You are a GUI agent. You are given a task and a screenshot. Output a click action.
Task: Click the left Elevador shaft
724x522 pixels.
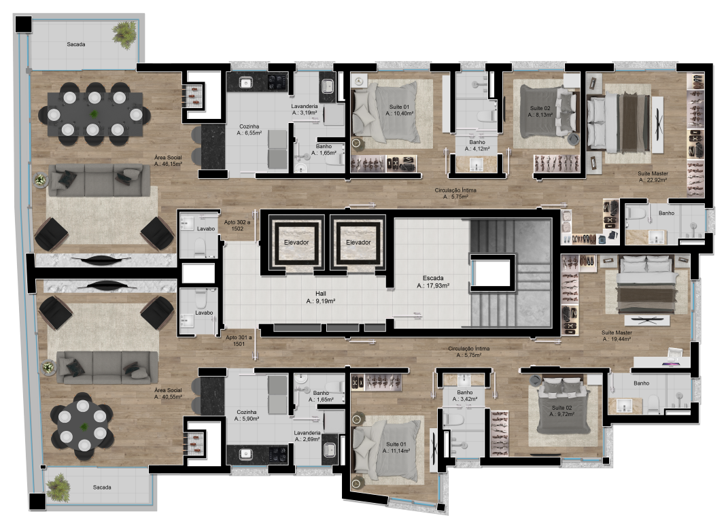point(296,242)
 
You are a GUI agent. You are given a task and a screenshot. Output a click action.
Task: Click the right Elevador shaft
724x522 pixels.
point(358,242)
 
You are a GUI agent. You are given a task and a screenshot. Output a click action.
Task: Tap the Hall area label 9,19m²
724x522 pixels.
point(320,297)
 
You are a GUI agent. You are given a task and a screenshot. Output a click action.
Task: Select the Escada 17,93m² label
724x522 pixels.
point(433,281)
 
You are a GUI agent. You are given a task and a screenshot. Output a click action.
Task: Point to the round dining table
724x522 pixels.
point(82,425)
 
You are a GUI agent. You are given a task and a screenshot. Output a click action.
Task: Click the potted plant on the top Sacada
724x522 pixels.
point(124,33)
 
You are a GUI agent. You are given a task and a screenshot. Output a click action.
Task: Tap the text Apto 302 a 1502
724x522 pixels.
point(237,225)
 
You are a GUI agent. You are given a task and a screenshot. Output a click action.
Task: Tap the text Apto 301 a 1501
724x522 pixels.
point(239,341)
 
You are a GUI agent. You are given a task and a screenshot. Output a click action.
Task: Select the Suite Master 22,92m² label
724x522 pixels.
point(653,177)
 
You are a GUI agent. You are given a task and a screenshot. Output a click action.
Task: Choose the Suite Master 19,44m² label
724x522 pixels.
point(617,336)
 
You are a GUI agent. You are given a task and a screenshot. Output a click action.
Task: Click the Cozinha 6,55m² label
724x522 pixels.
point(249,129)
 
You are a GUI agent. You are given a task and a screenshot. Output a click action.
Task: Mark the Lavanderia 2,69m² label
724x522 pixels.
point(307,436)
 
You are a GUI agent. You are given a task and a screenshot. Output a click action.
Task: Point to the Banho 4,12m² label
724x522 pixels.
point(477,145)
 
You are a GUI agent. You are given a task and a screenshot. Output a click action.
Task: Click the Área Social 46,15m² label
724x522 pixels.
point(168,160)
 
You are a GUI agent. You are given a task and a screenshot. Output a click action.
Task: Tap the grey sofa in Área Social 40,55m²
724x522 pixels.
point(107,368)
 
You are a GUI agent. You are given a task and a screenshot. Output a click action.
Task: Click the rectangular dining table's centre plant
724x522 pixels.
point(94,114)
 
